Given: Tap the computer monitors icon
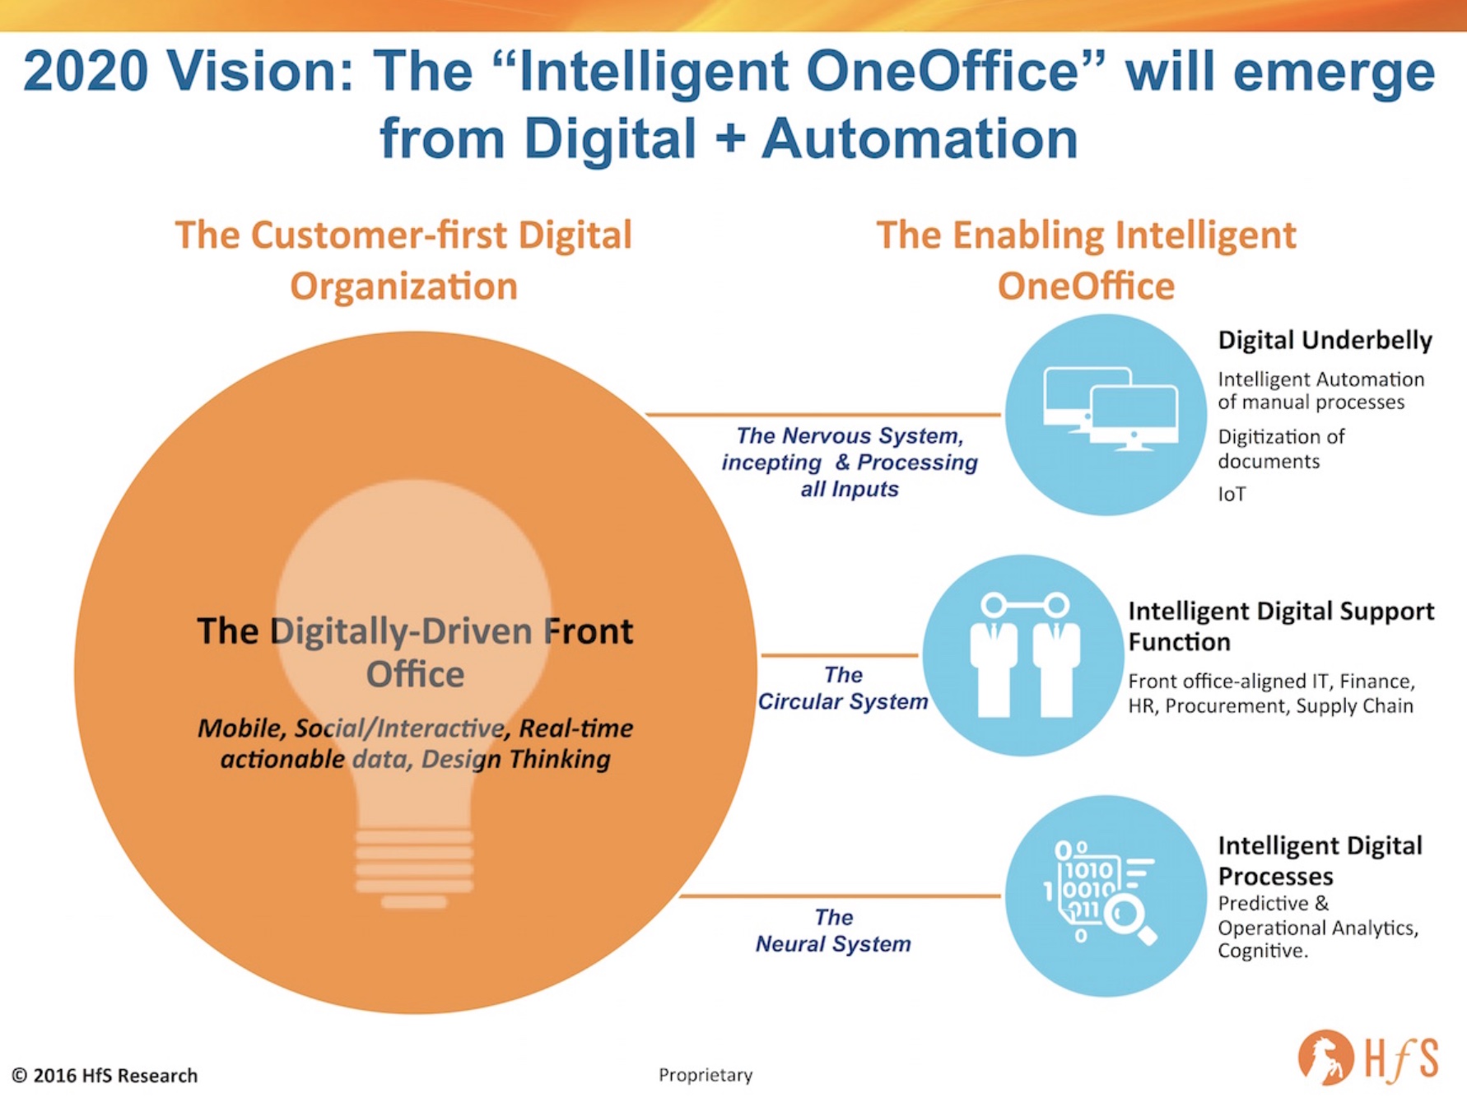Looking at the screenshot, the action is pyautogui.click(x=1110, y=409).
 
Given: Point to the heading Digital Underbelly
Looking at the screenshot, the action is pyautogui.click(x=1325, y=340).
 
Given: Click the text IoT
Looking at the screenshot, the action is pyautogui.click(x=1232, y=494).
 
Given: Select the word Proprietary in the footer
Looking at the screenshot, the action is pyautogui.click(x=706, y=1075).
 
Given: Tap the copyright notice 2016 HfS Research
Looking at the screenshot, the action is pyautogui.click(x=105, y=1076).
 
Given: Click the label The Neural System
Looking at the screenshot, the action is pyautogui.click(x=833, y=930).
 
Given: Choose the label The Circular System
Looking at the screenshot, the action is pyautogui.click(x=842, y=688).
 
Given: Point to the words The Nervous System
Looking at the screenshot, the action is pyautogui.click(x=849, y=435).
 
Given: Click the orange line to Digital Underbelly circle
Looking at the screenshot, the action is pyautogui.click(x=824, y=415).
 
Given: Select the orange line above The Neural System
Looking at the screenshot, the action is pyautogui.click(x=841, y=896).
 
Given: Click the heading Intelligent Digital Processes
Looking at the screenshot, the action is pyautogui.click(x=1320, y=860).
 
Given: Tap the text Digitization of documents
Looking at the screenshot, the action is pyautogui.click(x=1281, y=449).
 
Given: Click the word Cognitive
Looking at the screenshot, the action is pyautogui.click(x=1262, y=951).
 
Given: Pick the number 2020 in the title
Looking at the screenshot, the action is pyautogui.click(x=86, y=71).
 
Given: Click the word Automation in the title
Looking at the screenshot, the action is pyautogui.click(x=920, y=138).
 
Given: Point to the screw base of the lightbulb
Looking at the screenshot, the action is pyautogui.click(x=414, y=868).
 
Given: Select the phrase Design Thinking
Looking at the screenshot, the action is pyautogui.click(x=516, y=760).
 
